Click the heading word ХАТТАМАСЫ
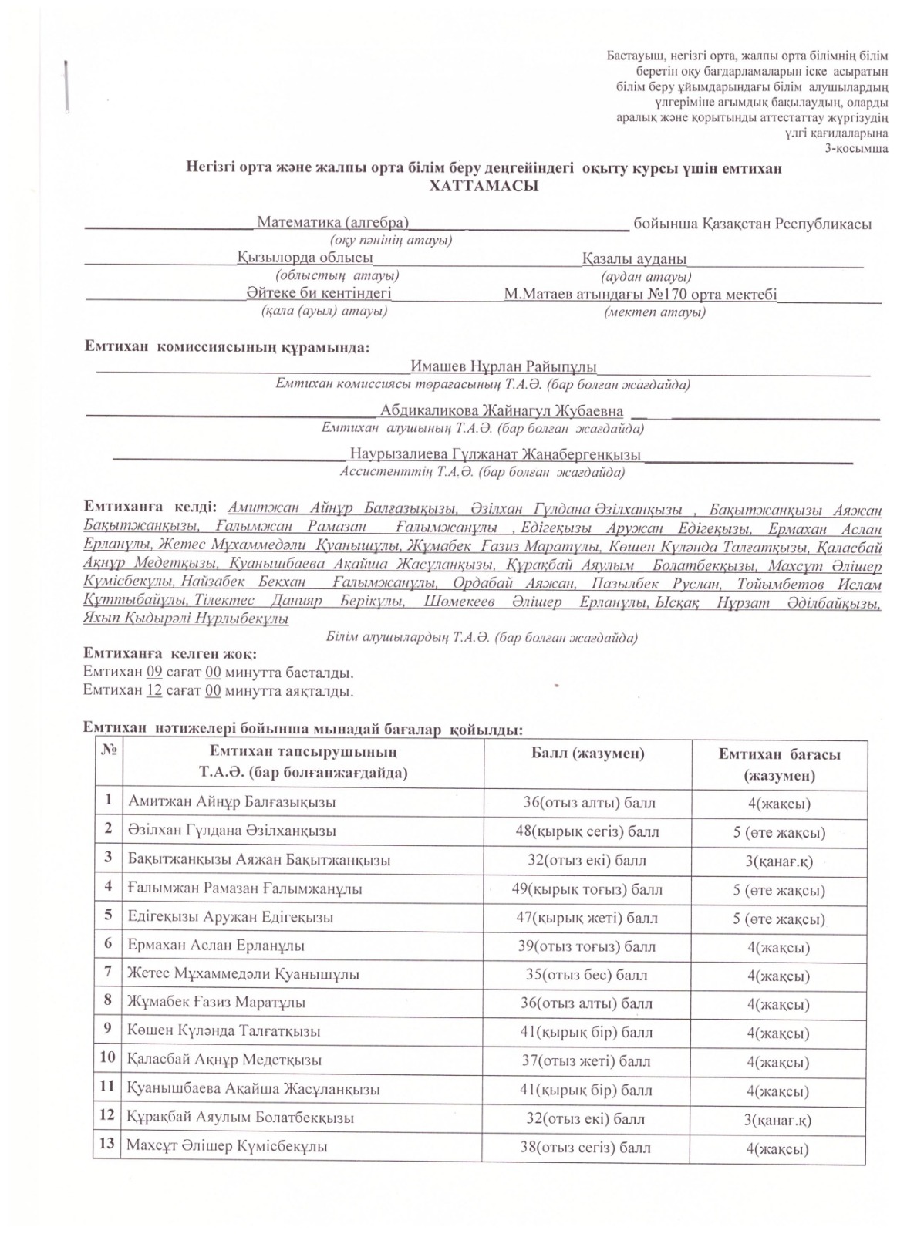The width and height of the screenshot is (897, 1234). coord(483,187)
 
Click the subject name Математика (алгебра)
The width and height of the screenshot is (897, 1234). coord(332,223)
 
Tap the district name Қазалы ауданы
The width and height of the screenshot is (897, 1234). coord(634,258)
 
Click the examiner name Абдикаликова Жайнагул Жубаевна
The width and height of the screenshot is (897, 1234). coord(502,410)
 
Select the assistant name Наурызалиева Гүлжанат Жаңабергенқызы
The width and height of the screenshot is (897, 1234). coord(495,454)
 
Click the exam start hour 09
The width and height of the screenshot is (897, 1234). coord(154,671)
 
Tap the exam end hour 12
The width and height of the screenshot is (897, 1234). coord(154,690)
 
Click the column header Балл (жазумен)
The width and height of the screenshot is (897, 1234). coord(588,754)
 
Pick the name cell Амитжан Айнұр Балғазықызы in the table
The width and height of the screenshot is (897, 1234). coord(232,802)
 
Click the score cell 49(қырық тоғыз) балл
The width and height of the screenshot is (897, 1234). coord(587,889)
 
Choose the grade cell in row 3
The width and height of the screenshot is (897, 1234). coord(778,861)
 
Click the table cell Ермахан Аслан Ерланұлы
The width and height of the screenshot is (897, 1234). coord(216,946)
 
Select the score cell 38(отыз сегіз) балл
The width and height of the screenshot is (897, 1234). coord(587,1147)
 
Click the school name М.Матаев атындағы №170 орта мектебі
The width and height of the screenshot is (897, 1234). coord(640,295)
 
